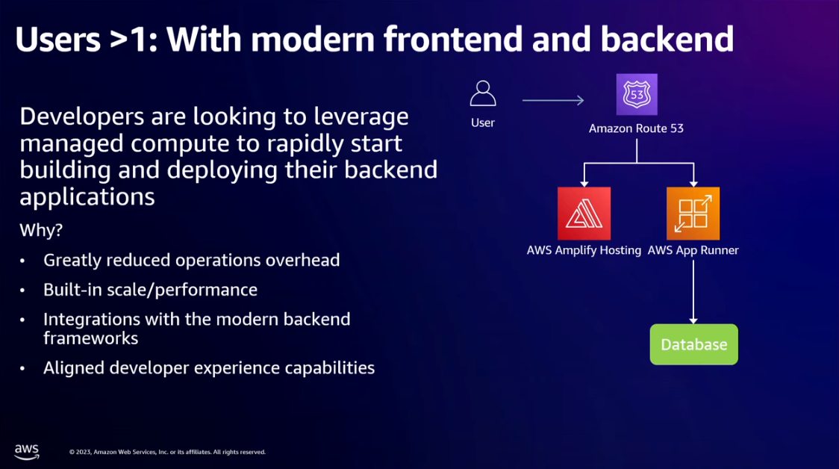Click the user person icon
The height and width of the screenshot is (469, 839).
click(x=483, y=93)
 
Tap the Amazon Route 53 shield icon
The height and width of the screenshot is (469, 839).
click(x=637, y=94)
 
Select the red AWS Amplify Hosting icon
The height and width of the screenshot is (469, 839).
click(x=584, y=213)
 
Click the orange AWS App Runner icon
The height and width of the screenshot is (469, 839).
click(x=693, y=213)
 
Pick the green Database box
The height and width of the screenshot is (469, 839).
click(x=694, y=344)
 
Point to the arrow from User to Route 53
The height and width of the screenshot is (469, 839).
click(x=553, y=100)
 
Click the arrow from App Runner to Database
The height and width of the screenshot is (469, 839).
click(x=693, y=292)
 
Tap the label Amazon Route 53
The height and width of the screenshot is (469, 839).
click(x=636, y=128)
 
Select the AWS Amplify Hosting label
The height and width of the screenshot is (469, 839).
click(x=584, y=250)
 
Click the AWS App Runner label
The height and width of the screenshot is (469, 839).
click(x=693, y=250)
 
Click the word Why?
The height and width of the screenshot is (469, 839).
click(x=41, y=230)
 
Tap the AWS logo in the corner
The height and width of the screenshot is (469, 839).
click(x=27, y=451)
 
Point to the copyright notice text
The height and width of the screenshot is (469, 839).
click(x=167, y=452)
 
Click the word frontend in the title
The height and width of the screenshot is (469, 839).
click(x=452, y=39)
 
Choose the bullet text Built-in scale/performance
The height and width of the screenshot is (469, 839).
click(x=150, y=290)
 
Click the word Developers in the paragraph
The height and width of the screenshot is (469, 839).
click(x=82, y=117)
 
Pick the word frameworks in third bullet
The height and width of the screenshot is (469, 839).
click(x=91, y=338)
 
